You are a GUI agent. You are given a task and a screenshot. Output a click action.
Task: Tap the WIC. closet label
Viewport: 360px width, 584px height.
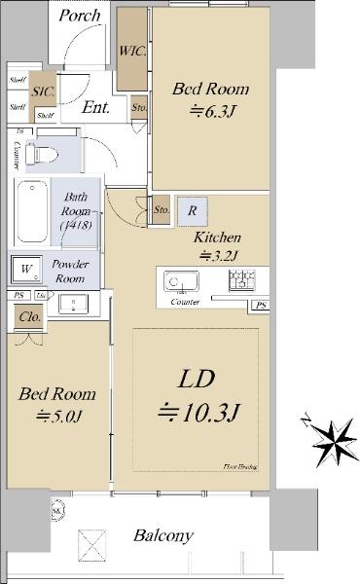131,52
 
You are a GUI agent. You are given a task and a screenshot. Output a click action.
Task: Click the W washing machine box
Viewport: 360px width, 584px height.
27,269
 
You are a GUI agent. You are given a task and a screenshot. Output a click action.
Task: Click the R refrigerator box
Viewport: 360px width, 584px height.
193,211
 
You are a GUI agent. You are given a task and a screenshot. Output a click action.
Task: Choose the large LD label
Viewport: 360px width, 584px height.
199,377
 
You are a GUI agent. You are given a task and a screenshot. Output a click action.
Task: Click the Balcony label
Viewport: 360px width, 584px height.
163,535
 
